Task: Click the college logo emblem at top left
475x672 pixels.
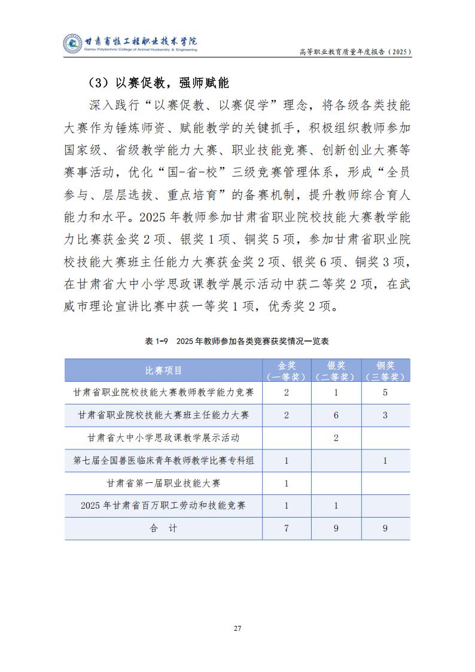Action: (72, 43)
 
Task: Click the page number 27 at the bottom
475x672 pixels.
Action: (237, 628)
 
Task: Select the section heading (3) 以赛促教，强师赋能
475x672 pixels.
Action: (159, 82)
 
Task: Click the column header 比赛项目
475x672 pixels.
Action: (163, 370)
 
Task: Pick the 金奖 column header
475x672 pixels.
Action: (286, 370)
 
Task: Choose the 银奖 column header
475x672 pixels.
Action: (336, 370)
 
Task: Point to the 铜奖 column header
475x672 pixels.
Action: (385, 370)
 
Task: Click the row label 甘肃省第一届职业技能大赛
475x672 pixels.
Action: (163, 483)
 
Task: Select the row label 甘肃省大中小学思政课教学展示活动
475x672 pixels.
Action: (163, 438)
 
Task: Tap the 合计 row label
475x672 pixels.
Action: (163, 528)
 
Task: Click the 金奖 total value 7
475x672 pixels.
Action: (286, 528)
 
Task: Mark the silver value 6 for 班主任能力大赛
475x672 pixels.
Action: (336, 415)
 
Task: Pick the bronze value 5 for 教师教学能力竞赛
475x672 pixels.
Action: (385, 393)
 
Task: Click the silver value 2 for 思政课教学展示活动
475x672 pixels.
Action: (336, 438)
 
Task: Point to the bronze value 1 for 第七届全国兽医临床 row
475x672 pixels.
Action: (385, 460)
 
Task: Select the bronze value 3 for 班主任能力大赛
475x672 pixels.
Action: (385, 415)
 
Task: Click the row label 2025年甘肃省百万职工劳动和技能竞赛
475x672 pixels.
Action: (163, 506)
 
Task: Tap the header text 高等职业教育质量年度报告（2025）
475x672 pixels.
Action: (355, 52)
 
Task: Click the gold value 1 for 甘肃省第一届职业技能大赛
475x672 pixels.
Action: (286, 483)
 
